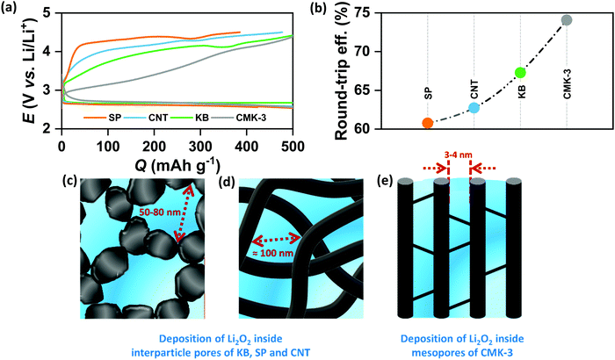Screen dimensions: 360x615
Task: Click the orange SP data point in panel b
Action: [x=427, y=123]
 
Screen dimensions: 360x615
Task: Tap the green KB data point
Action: [x=520, y=73]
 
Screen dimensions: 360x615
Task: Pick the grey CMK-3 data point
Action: [x=567, y=19]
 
